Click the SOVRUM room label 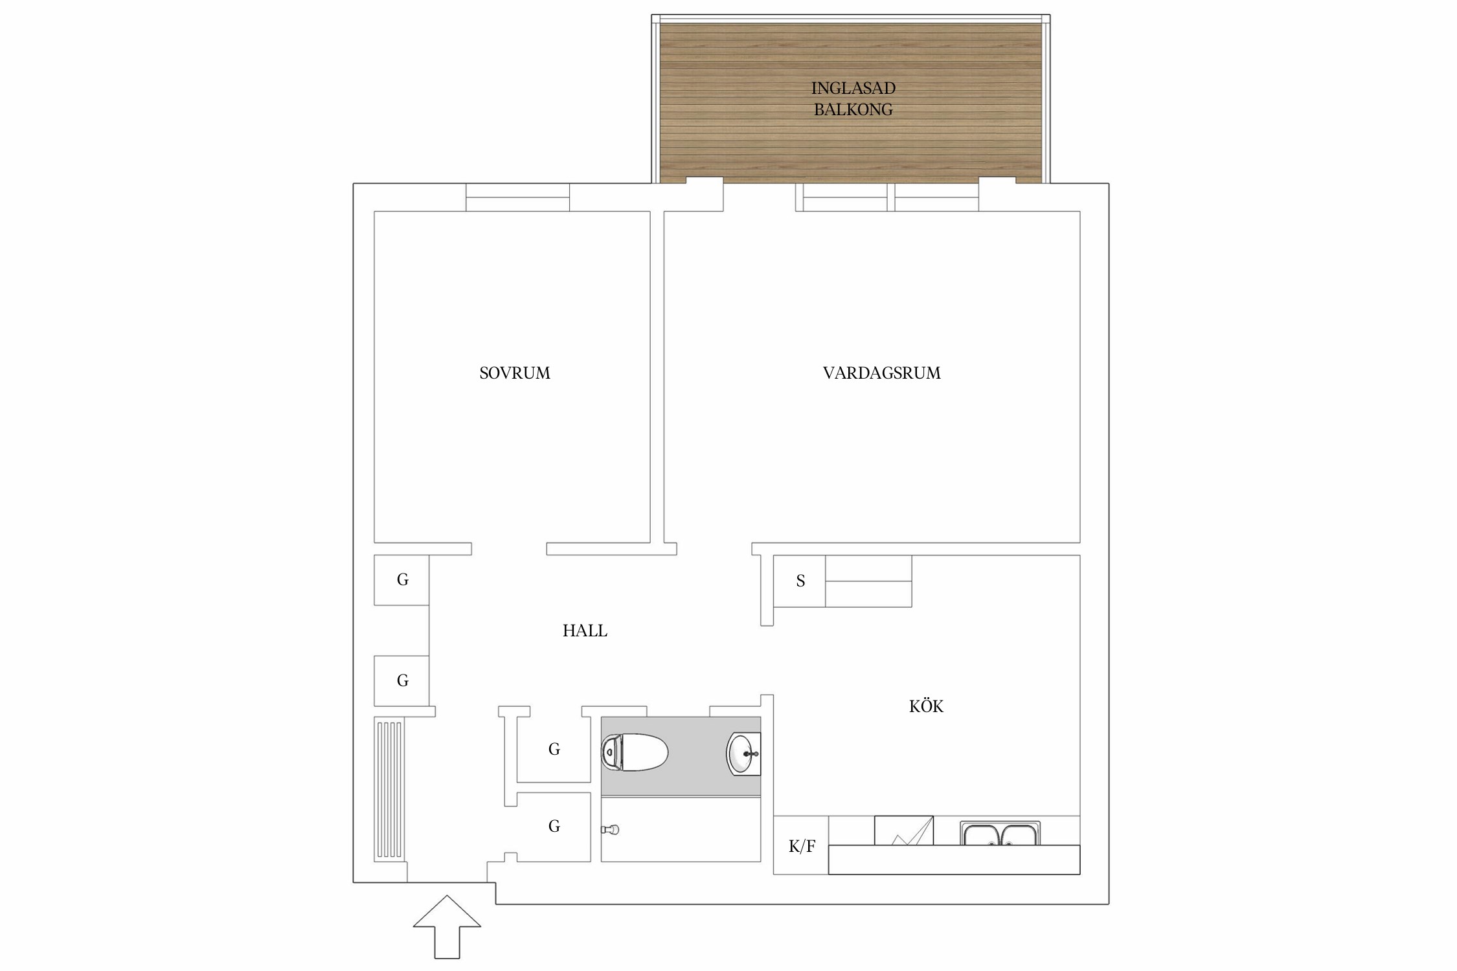[x=515, y=373]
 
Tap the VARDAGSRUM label [x=881, y=373]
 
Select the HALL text [x=585, y=631]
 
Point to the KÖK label [x=926, y=706]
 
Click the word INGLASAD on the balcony [x=853, y=88]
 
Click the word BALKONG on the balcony [x=853, y=109]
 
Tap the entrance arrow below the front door [x=447, y=927]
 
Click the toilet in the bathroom [x=635, y=752]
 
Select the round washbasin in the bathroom [x=744, y=753]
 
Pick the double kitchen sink [x=1000, y=834]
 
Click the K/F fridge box [x=801, y=845]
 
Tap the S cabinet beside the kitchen [x=800, y=581]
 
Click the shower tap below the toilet [x=610, y=829]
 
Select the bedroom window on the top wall [x=517, y=197]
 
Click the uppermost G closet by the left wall [x=401, y=580]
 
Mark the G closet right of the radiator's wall [x=401, y=680]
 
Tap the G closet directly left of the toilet [x=554, y=749]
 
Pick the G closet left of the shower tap [x=554, y=827]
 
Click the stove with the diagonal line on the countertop [x=903, y=831]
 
